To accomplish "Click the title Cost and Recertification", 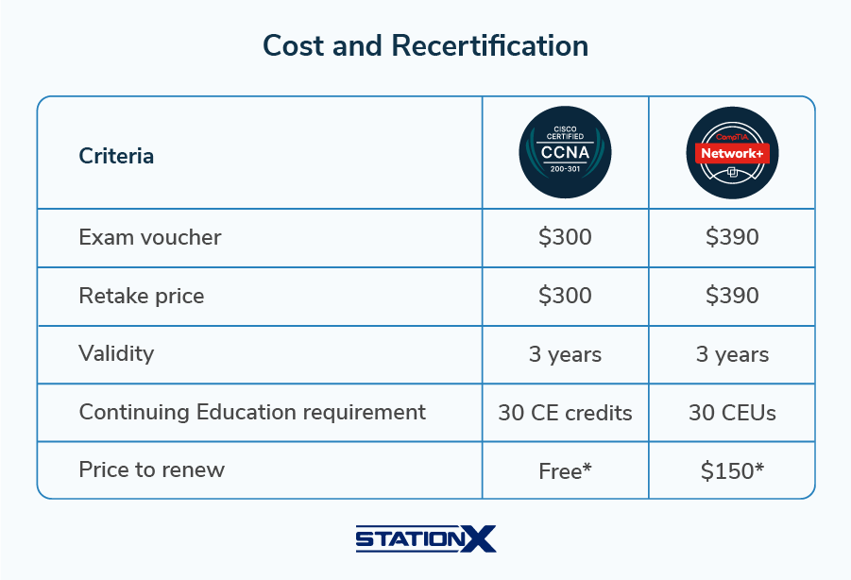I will point(425,45).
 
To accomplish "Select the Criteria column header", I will point(116,156).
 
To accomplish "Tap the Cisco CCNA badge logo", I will point(565,152).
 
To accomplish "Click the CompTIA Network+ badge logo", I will point(732,152).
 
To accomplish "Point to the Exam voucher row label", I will point(149,237).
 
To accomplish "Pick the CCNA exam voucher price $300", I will point(565,237).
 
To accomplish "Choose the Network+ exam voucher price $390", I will point(732,237).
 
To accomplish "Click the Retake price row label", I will point(141,296).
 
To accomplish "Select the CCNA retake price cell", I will point(565,296).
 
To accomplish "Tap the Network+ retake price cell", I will point(732,296).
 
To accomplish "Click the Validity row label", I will point(116,354).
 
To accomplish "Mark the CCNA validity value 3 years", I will point(565,355).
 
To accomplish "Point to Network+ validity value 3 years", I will point(732,355).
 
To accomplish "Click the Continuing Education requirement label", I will point(252,412).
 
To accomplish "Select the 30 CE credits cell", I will point(565,413).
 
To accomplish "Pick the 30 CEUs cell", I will point(732,413).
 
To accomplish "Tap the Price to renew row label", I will point(151,469).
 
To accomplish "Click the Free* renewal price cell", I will point(565,470).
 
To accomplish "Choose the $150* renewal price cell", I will point(732,470).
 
